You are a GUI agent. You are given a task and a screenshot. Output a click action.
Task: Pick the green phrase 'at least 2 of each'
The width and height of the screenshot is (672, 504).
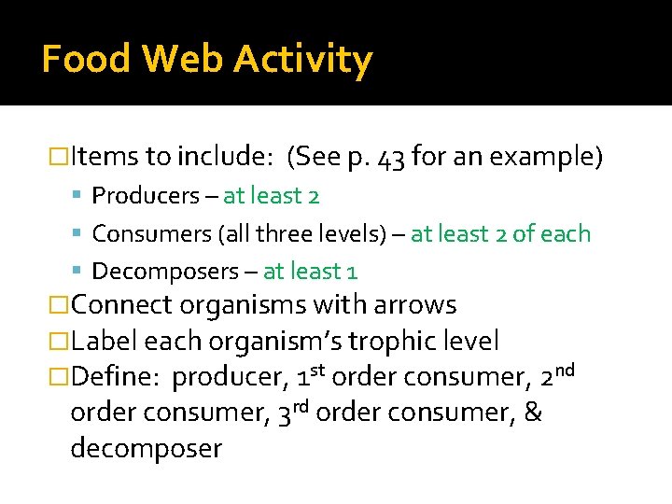[501, 233]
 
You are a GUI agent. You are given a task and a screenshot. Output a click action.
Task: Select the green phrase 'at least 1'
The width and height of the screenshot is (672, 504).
[310, 272]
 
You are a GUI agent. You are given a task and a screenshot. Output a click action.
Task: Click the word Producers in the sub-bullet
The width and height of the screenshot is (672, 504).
[146, 196]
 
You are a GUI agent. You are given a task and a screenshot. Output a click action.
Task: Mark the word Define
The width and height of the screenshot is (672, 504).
[117, 378]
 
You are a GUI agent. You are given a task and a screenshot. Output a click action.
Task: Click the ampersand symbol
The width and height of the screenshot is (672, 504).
[532, 413]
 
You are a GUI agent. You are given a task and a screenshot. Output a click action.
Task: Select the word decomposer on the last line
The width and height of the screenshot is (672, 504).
[147, 449]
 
